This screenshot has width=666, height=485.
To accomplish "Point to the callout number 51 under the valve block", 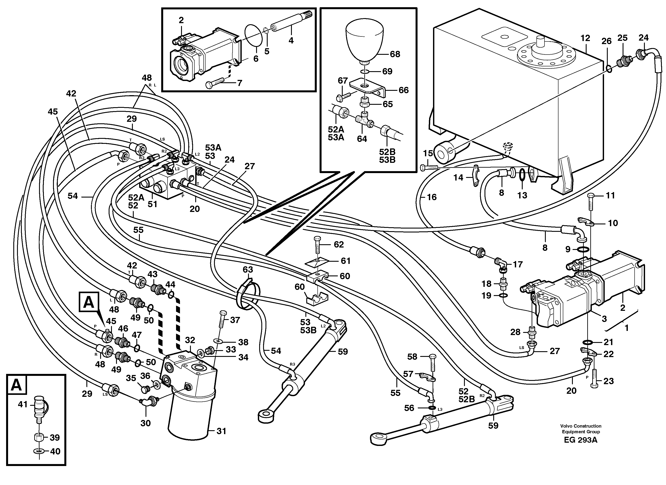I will pos(152,204).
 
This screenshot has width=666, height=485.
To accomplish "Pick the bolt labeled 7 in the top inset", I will pos(216,84).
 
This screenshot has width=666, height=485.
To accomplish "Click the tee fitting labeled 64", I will pos(364,120).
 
